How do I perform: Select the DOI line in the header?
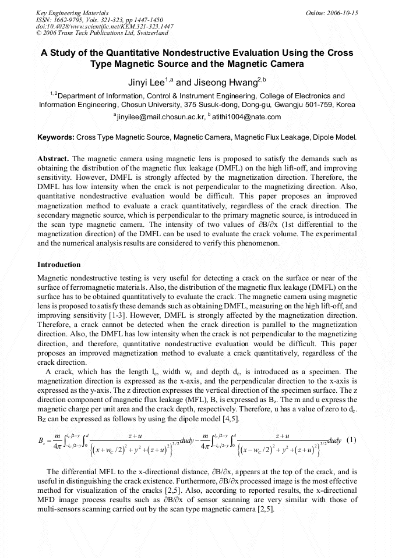coord(104,26)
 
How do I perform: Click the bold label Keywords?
coord(55,138)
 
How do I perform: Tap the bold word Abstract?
coord(53,158)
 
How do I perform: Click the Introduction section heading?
coord(59,265)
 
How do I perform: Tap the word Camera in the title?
coord(281,63)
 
